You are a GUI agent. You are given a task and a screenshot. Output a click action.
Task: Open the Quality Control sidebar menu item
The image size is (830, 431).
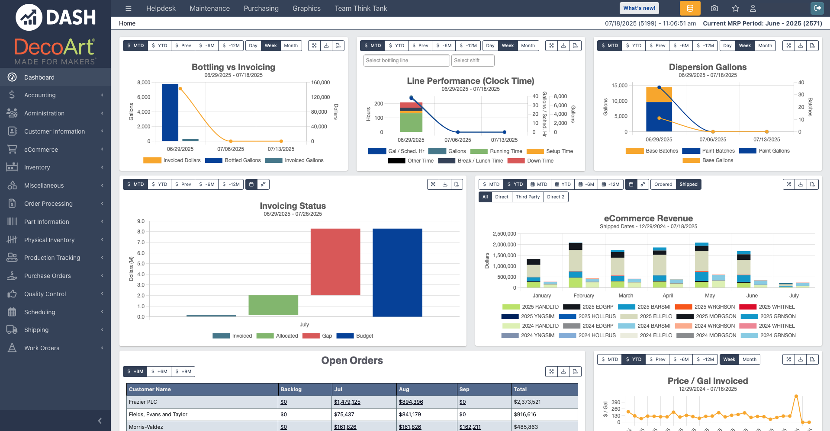[45, 294]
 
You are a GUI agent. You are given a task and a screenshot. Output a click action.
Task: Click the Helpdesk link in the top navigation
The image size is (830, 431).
[161, 8]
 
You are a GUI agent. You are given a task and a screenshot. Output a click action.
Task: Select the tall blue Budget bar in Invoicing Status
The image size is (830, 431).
[397, 272]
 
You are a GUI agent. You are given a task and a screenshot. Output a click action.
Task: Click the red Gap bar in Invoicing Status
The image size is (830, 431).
[335, 262]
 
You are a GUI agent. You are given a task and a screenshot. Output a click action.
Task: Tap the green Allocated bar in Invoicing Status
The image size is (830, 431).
[273, 305]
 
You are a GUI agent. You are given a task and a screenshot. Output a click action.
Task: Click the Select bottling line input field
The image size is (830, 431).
[406, 61]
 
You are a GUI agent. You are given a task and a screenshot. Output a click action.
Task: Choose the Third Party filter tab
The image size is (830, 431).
[528, 197]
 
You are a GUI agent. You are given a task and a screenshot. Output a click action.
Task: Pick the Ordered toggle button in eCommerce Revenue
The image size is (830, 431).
[663, 184]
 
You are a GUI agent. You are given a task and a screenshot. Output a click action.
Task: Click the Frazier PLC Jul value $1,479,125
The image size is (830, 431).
[347, 402]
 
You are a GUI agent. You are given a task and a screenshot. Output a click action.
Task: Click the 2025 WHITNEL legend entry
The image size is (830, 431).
[776, 307]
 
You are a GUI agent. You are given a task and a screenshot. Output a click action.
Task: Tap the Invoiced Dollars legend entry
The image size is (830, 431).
[182, 160]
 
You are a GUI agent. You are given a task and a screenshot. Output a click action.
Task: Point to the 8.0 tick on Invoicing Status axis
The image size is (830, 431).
[141, 232]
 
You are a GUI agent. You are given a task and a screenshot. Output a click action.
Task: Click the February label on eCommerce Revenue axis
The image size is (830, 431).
[583, 296]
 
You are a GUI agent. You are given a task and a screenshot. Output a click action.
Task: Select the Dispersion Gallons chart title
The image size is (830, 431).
[708, 67]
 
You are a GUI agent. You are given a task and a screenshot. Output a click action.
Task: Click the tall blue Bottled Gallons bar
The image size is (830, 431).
[170, 112]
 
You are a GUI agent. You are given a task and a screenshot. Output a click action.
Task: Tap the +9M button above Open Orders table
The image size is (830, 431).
[183, 371]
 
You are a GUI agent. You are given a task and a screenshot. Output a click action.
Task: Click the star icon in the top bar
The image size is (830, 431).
[735, 8]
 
